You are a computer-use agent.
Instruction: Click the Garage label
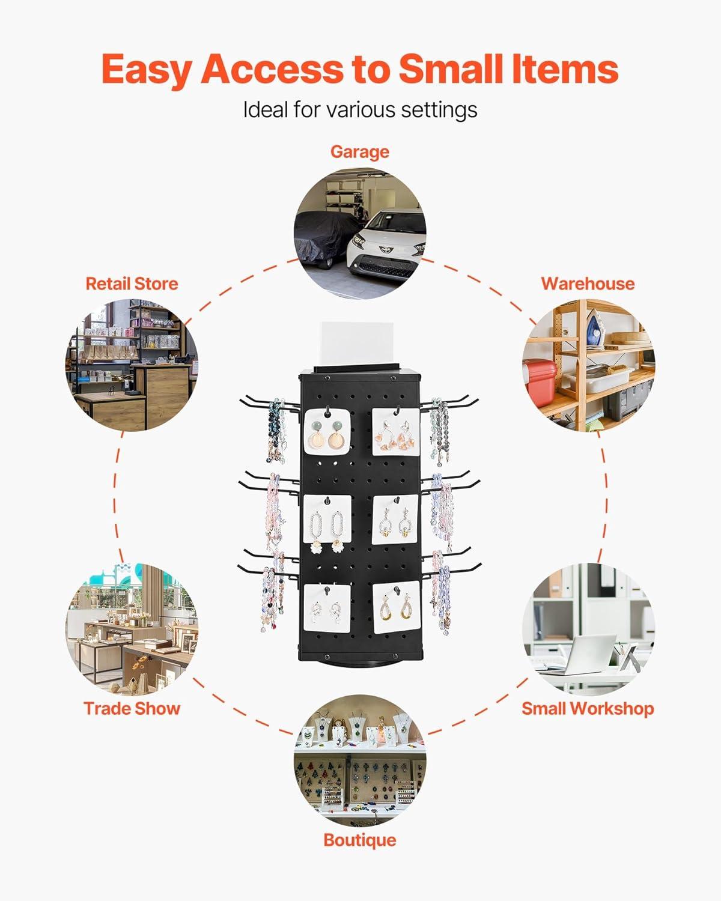click(359, 152)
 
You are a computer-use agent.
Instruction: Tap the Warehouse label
click(588, 284)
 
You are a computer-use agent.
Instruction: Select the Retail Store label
click(132, 284)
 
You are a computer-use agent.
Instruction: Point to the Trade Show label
click(132, 708)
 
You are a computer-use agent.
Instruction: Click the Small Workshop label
click(588, 708)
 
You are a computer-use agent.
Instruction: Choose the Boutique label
click(359, 840)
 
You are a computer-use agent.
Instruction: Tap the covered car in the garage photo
click(321, 237)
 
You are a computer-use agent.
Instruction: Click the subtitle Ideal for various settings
click(360, 110)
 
